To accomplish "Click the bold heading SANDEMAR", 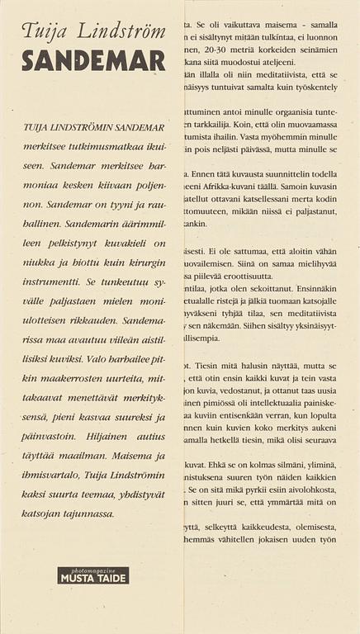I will (x=94, y=62).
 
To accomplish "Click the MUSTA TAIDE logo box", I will (x=93, y=575).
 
